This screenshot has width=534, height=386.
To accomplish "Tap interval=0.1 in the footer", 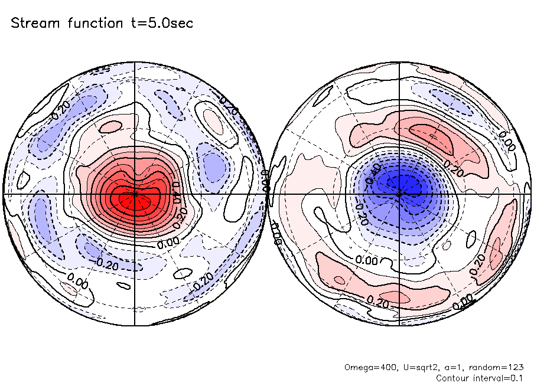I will [499, 377].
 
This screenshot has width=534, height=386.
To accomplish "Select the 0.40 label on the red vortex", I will [175, 192].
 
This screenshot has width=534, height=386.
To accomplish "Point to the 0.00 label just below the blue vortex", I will [367, 260].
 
